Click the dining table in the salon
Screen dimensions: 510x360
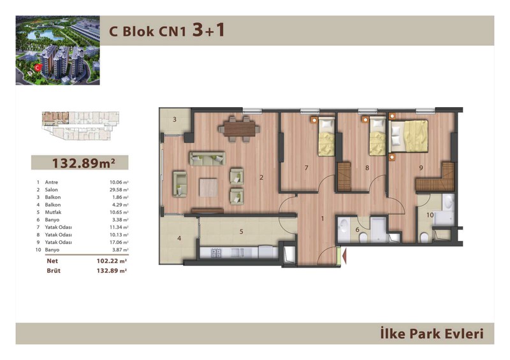(x=240, y=129)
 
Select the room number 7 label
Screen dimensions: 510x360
(x=306, y=168)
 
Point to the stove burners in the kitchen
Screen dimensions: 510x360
(x=216, y=253)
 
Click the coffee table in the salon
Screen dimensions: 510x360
(x=208, y=187)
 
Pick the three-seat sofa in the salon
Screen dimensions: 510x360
(x=207, y=159)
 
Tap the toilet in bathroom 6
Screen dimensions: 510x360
(x=363, y=239)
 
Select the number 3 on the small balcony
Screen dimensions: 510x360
(x=175, y=119)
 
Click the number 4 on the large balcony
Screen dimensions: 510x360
(x=179, y=238)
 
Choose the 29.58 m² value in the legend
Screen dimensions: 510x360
(x=119, y=190)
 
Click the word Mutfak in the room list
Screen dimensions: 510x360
(x=53, y=212)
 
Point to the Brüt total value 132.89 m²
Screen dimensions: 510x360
(x=112, y=271)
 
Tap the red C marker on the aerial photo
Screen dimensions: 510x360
(x=38, y=68)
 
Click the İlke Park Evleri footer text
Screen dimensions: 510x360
(x=432, y=334)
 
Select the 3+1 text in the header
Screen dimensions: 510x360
(x=208, y=30)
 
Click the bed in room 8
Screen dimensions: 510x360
(x=377, y=136)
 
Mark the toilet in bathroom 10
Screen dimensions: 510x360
(x=424, y=238)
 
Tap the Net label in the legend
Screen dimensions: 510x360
(x=52, y=261)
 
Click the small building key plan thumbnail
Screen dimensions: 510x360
(x=81, y=126)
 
